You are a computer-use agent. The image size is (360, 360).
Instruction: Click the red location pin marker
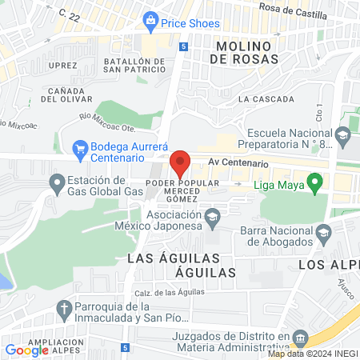[180, 164]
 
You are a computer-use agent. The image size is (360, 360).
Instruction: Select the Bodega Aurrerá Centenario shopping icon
[79, 148]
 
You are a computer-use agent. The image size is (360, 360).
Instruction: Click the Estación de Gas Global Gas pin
[57, 185]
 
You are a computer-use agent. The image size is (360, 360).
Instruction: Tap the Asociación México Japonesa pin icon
[213, 217]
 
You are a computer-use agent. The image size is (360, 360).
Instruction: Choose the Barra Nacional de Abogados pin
[324, 235]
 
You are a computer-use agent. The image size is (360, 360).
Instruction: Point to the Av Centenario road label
[236, 162]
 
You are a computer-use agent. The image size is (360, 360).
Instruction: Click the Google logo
[26, 350]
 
